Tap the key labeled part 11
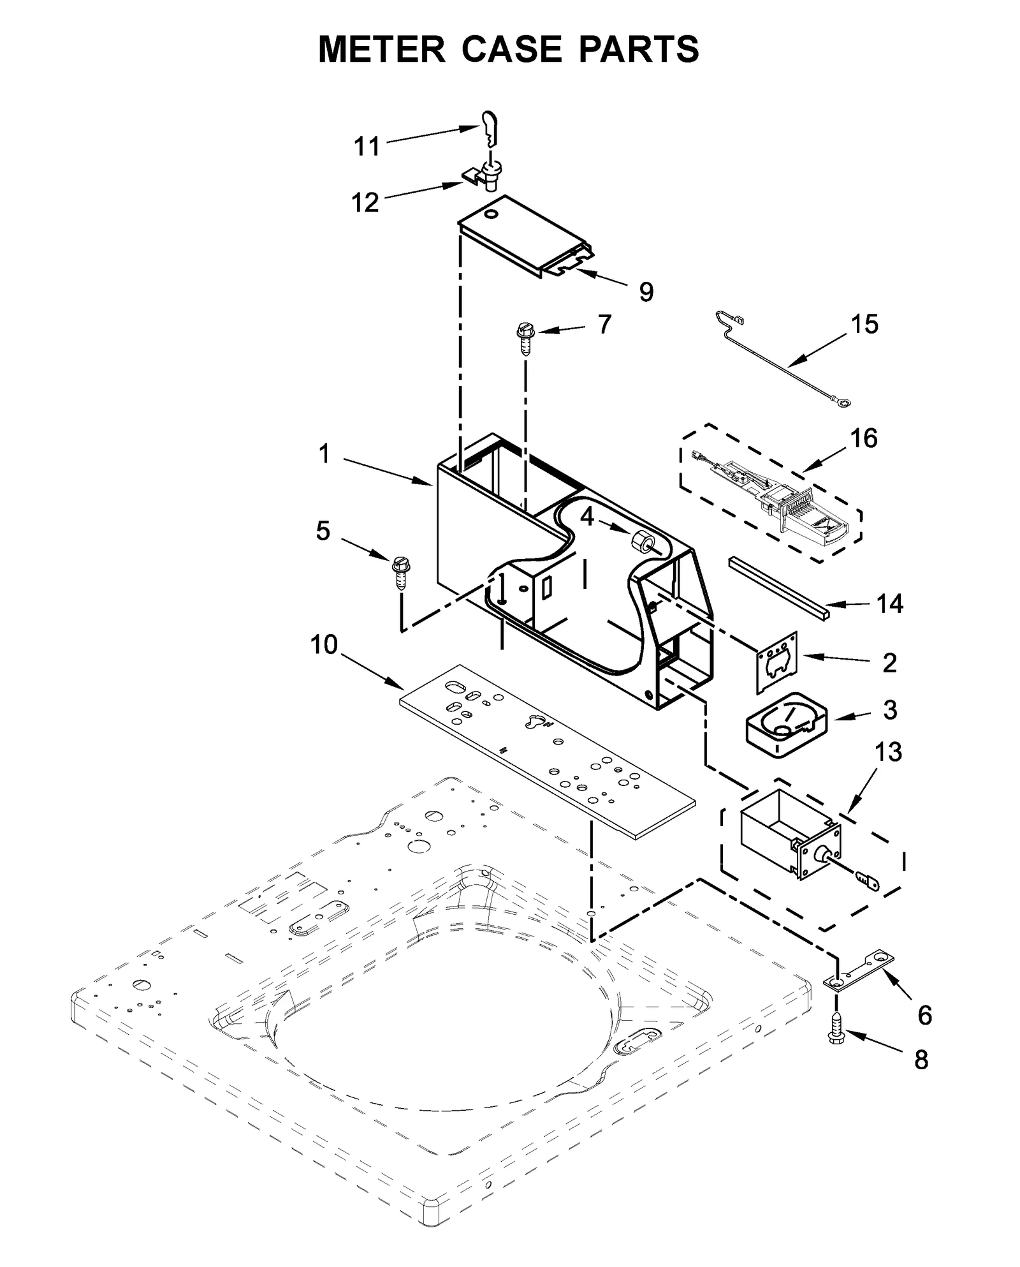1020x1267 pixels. click(x=489, y=128)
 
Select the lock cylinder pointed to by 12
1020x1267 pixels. click(x=492, y=175)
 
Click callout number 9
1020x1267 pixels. click(x=646, y=292)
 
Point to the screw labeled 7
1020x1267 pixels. click(x=526, y=338)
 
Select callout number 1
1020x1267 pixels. click(x=324, y=454)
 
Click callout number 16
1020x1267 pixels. click(x=864, y=439)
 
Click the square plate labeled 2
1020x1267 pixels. click(x=778, y=662)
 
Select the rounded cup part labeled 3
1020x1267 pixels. click(x=786, y=725)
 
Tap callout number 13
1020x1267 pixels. click(x=888, y=753)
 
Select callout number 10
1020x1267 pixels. click(x=324, y=644)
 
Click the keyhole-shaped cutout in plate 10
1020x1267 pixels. click(x=535, y=723)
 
